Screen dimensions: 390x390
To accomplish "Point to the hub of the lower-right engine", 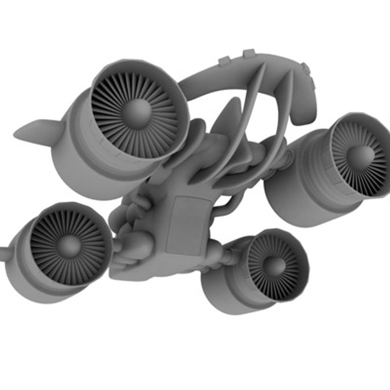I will click(x=274, y=266).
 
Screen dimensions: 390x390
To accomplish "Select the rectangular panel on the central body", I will click(x=188, y=226).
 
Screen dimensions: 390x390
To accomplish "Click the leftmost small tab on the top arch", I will click(x=224, y=62).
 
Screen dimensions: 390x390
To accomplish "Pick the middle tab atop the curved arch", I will click(x=249, y=54).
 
